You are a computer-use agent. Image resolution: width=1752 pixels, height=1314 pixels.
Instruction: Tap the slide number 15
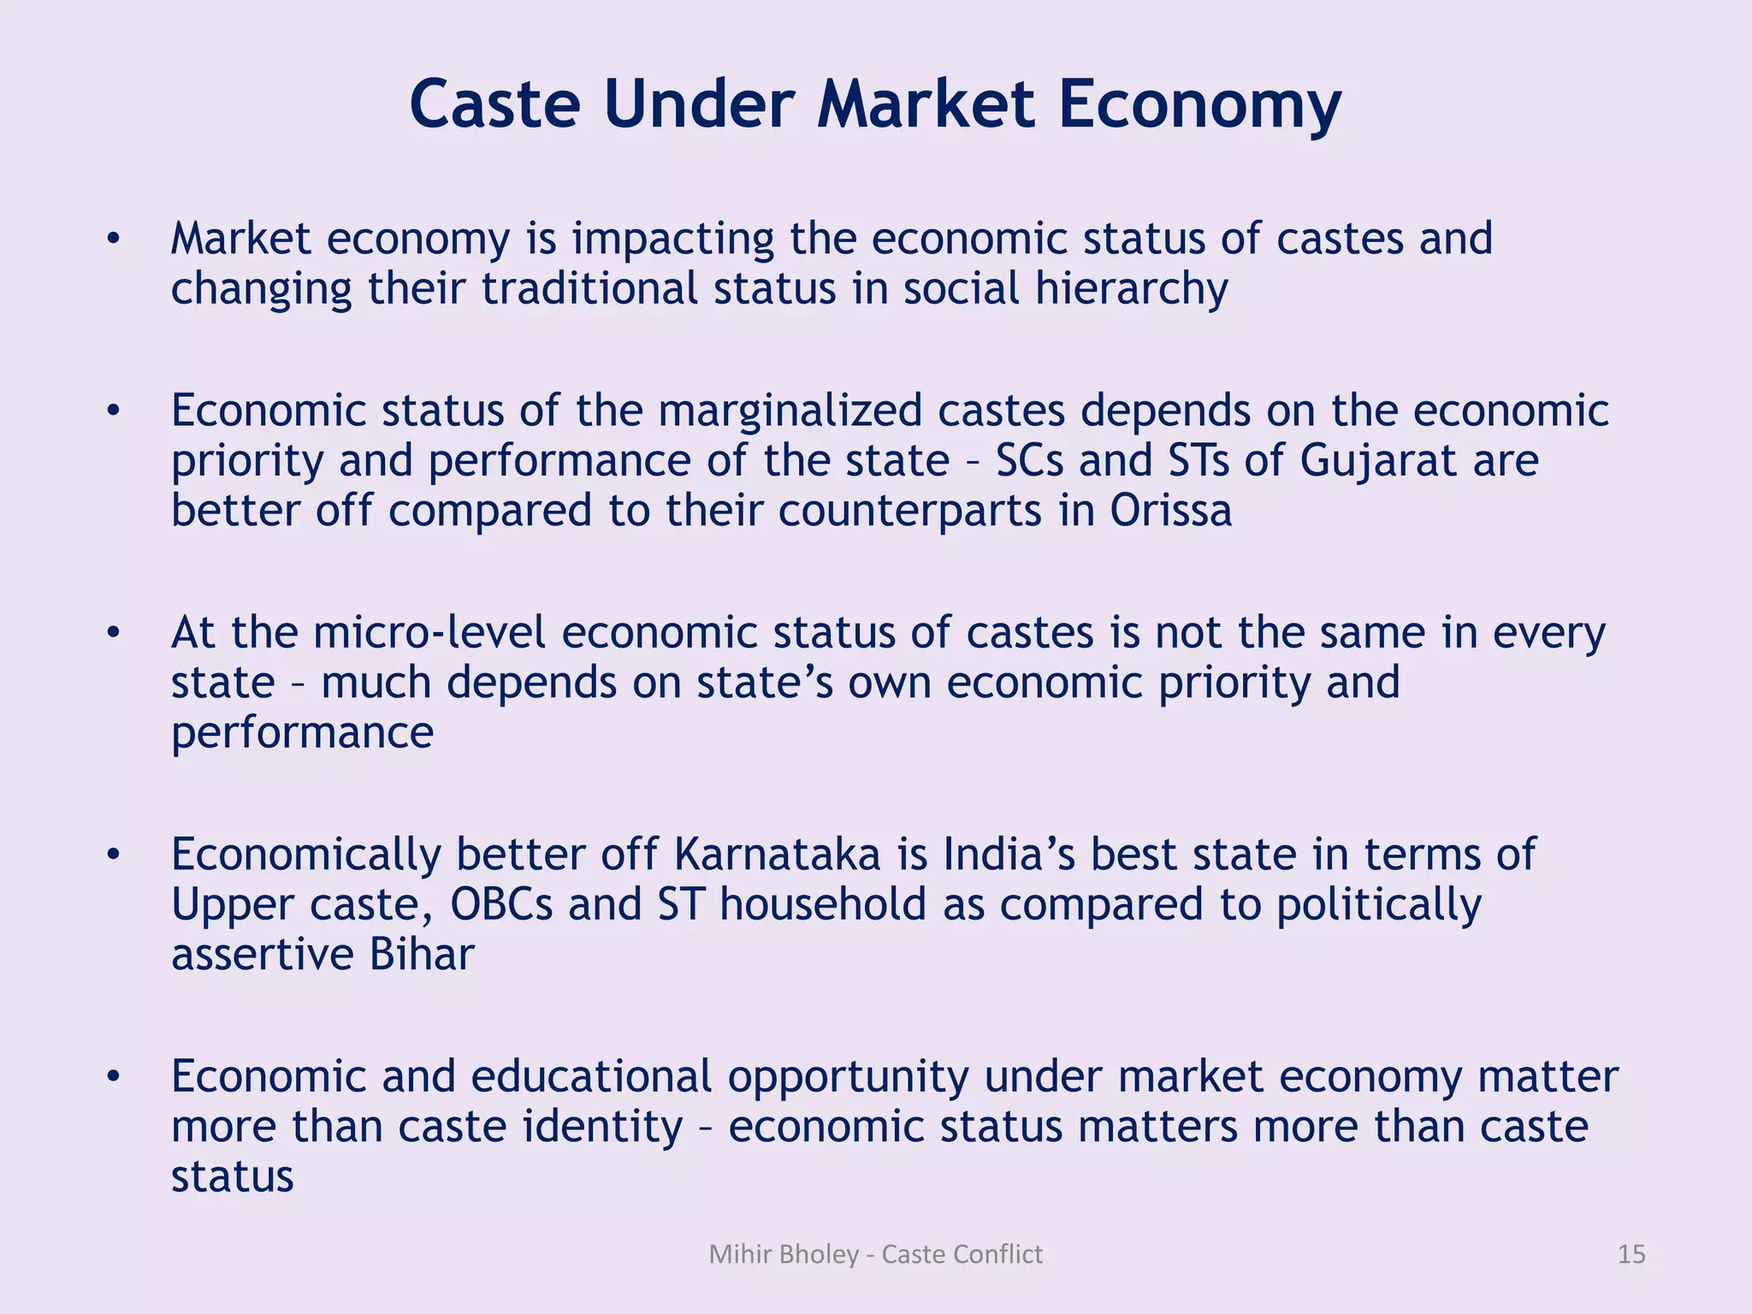point(1631,1254)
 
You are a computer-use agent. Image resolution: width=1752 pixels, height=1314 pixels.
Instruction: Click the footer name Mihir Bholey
point(784,1254)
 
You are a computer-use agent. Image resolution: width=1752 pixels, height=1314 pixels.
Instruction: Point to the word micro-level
point(429,634)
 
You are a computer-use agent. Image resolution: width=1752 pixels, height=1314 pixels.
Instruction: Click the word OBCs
point(501,905)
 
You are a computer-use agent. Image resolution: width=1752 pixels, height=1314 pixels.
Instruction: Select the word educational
point(591,1077)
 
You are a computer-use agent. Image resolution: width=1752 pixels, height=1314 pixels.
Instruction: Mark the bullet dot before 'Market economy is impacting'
point(113,240)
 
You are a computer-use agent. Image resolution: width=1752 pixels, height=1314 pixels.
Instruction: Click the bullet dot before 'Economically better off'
point(113,855)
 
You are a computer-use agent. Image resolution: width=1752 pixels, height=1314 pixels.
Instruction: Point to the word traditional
point(590,289)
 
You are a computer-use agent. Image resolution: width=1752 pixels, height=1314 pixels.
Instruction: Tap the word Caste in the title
point(495,104)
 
